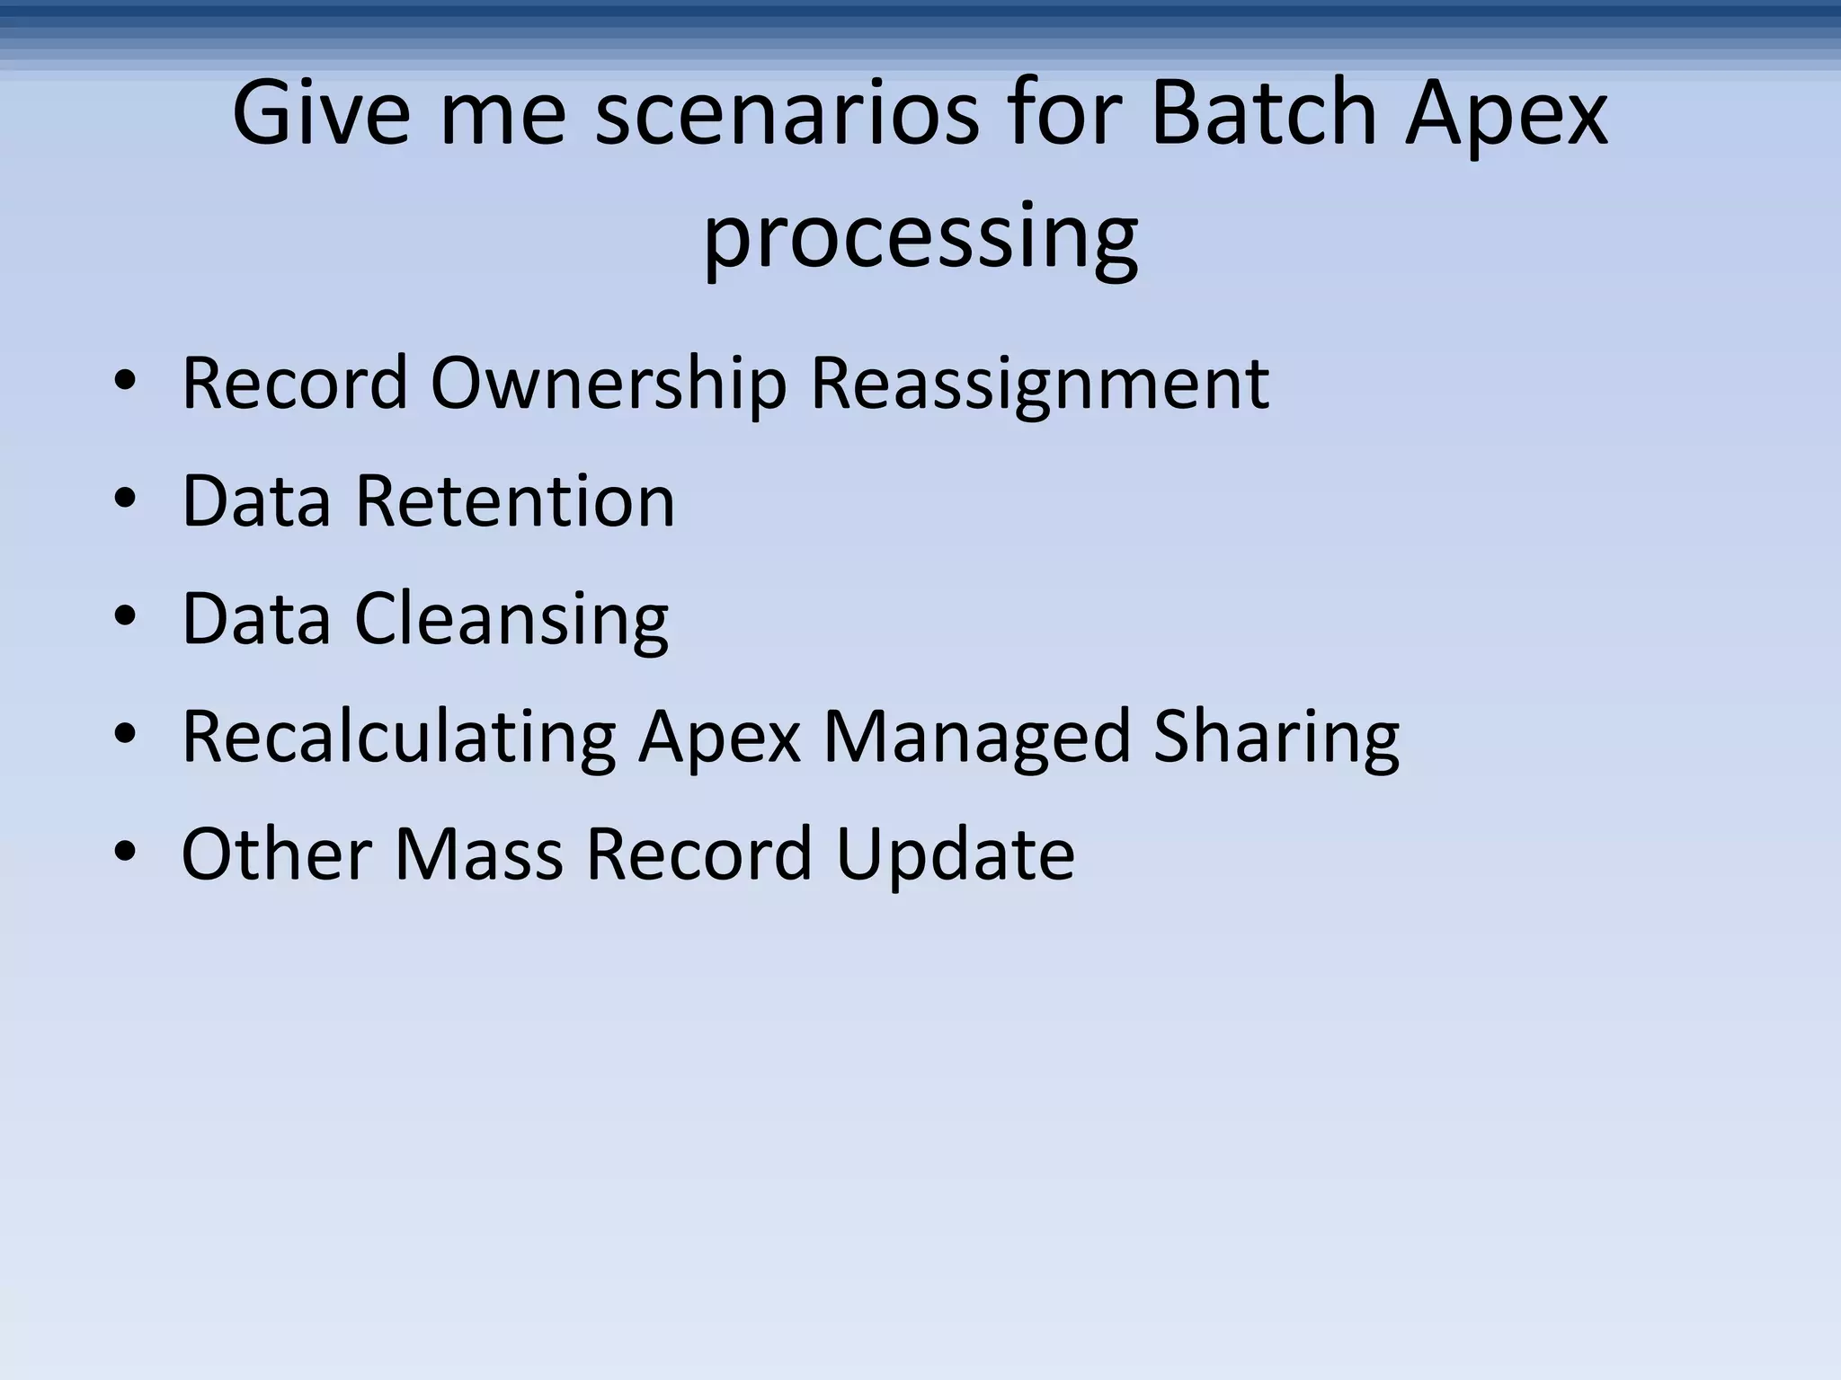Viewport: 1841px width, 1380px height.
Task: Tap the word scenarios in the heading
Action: click(x=787, y=114)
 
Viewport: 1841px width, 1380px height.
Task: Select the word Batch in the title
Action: click(x=1263, y=114)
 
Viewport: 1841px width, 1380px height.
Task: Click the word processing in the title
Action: click(x=920, y=238)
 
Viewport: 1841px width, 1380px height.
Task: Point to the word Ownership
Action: click(x=609, y=384)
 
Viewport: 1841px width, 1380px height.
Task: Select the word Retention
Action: click(x=514, y=501)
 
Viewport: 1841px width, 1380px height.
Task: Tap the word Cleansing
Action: click(x=511, y=619)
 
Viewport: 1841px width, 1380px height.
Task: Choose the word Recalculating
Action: click(x=398, y=737)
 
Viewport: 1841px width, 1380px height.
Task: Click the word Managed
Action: click(x=976, y=737)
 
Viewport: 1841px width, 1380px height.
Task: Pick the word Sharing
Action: click(x=1276, y=737)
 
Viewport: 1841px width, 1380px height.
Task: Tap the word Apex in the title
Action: click(x=1507, y=114)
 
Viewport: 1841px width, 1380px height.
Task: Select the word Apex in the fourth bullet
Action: click(x=719, y=737)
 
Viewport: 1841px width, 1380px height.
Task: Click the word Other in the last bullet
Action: click(x=277, y=854)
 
